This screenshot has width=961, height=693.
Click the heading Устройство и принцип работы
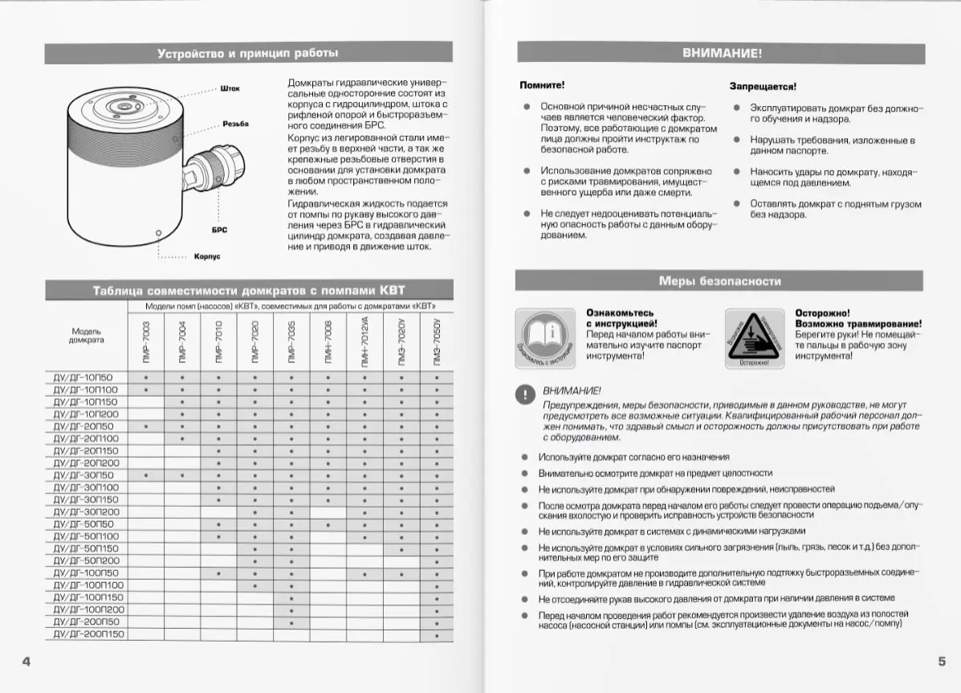(247, 54)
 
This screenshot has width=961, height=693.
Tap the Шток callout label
(230, 88)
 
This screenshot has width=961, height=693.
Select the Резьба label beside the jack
(235, 124)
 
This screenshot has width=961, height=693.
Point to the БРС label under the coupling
(219, 230)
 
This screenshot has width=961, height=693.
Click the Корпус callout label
(207, 258)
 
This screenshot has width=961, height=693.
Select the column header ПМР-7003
(146, 343)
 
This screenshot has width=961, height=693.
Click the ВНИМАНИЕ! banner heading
(721, 54)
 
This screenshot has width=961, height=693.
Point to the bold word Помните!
(542, 84)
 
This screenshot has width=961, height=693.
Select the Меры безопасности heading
(719, 281)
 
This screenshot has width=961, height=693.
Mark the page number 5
(941, 662)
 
